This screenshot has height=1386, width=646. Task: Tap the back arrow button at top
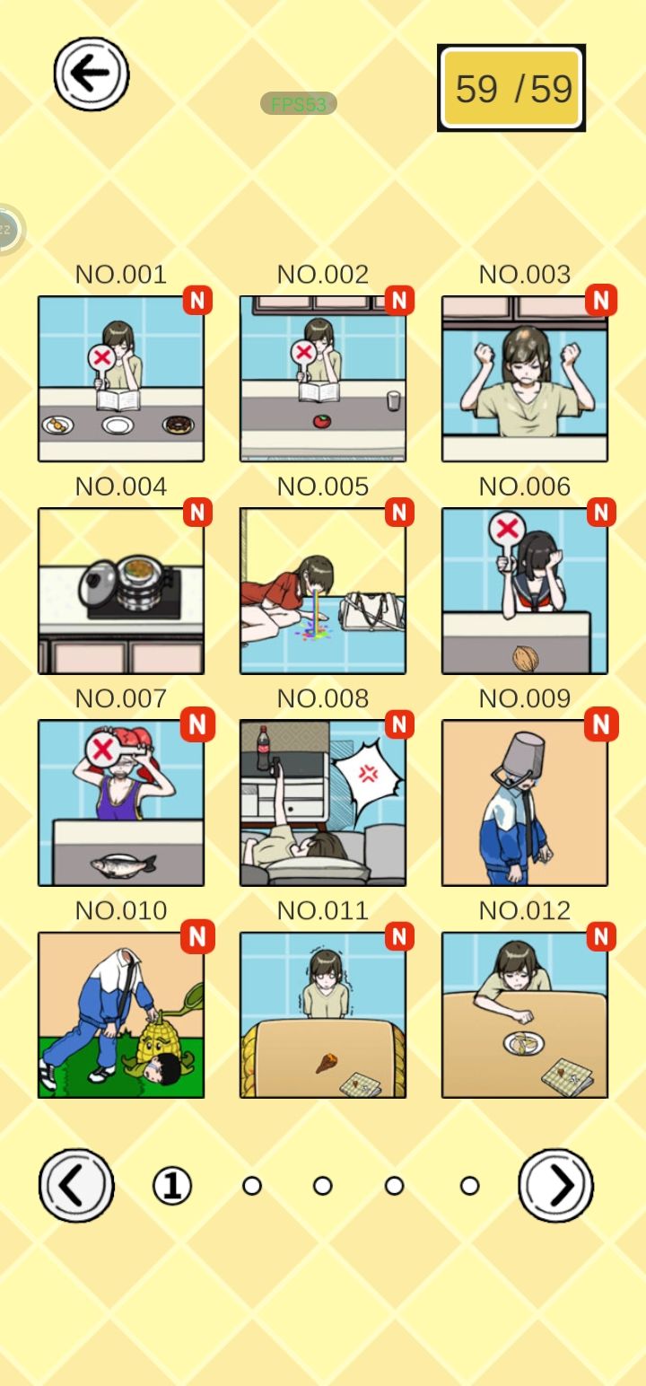tap(91, 74)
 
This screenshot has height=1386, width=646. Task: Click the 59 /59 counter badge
tap(511, 88)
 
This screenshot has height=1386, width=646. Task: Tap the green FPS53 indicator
tap(298, 104)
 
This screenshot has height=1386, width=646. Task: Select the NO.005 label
tap(323, 487)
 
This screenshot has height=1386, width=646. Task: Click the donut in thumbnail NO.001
tap(178, 425)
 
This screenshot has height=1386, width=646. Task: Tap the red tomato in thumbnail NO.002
tap(321, 421)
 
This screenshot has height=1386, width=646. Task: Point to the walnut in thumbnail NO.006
tap(526, 658)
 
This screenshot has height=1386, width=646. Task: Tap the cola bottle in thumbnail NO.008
tap(264, 747)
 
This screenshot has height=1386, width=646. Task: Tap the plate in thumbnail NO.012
tap(524, 1043)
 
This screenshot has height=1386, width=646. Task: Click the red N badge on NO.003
tap(601, 300)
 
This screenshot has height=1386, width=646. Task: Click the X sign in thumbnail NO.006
tap(507, 529)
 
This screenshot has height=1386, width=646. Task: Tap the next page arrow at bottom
tap(555, 1186)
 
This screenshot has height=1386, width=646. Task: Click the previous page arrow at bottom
tap(76, 1186)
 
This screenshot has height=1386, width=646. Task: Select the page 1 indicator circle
tap(172, 1186)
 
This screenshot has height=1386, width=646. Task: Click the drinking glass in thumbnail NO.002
tap(393, 400)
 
